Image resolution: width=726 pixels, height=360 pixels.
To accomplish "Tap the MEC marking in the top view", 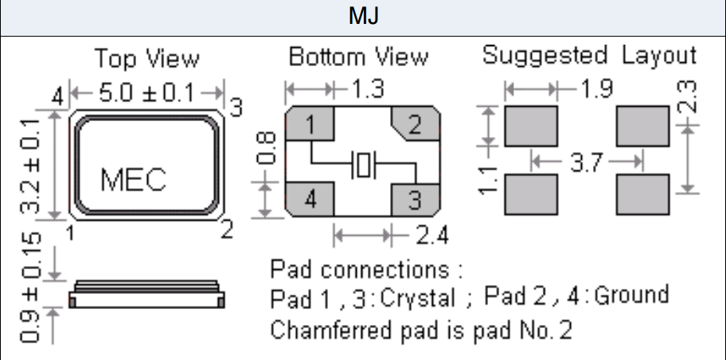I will pos(133,180).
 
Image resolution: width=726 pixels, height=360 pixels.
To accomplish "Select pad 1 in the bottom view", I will pos(309,124).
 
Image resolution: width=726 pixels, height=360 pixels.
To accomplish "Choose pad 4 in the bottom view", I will pos(309,198).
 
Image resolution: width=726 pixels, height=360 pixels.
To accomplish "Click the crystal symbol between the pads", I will pos(363,166).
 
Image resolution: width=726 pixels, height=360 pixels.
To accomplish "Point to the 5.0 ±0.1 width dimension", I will pos(146,92).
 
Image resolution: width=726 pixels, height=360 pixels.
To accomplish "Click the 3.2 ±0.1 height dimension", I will pos(32,166).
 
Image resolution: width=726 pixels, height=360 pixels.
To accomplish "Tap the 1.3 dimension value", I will pos(369,88).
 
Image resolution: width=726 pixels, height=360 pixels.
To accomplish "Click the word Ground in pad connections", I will pos(631,296).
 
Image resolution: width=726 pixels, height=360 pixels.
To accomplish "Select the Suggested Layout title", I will pos(589,56).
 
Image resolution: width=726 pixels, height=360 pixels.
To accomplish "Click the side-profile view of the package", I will pos(147,295).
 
